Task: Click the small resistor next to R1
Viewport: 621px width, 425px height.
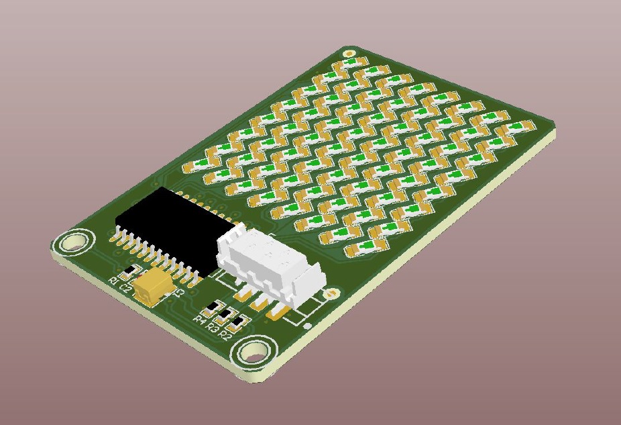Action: click(131, 271)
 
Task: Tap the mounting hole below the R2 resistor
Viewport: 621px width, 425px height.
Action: click(256, 351)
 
